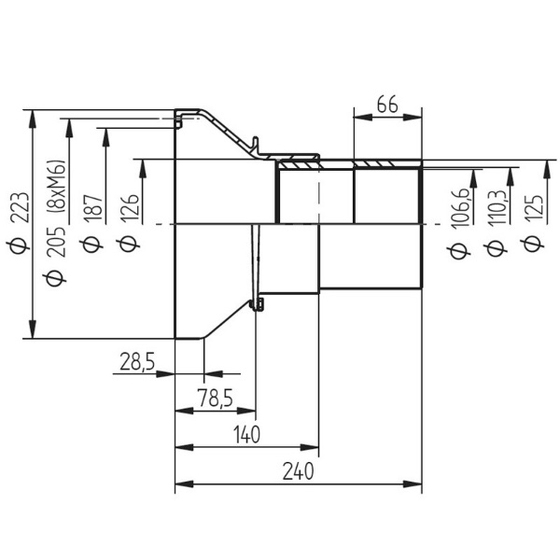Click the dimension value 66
[x=387, y=105]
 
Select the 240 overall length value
[x=298, y=471]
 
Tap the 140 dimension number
[x=246, y=435]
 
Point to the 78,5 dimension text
[x=216, y=398]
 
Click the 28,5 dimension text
[x=137, y=361]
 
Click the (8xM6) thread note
[x=57, y=187]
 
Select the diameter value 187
[x=93, y=208]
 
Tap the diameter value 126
[x=130, y=209]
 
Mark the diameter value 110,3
[x=497, y=208]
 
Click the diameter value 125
[x=534, y=209]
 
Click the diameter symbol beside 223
[x=18, y=245]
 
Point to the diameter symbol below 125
[x=532, y=245]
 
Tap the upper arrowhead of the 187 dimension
[x=105, y=137]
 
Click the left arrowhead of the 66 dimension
[x=363, y=117]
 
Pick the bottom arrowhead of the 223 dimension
[x=33, y=329]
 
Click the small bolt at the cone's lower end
[x=257, y=304]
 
